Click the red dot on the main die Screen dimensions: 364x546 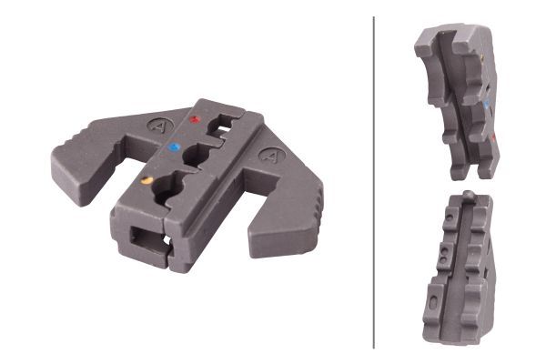193,119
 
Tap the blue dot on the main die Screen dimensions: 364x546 175,145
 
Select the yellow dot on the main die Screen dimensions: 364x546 147,180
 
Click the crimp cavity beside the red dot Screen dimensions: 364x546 221,125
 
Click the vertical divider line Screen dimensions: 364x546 374,182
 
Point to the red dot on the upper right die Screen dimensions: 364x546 492,137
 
